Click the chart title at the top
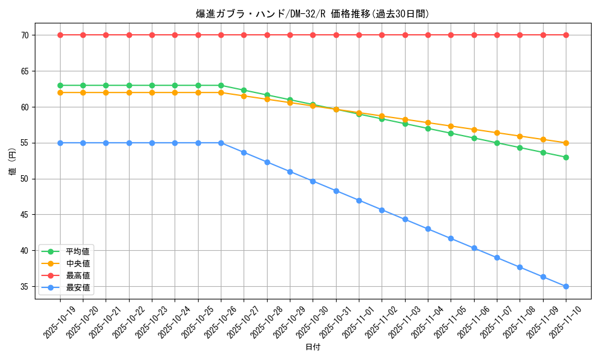coord(313,14)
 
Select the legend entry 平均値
coord(77,251)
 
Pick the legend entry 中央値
coord(77,263)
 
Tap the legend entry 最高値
coord(77,275)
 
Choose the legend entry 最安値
coord(77,287)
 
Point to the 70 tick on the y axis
coord(25,35)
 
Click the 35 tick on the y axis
coord(25,287)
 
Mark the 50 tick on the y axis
coord(25,179)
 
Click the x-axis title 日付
coord(313,347)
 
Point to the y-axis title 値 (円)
coord(12,163)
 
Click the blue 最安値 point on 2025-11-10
coord(566,287)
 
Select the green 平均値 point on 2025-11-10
coord(566,157)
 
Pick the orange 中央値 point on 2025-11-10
coord(566,143)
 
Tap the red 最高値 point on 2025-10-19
coord(60,35)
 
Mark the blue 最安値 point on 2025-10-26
coord(221,143)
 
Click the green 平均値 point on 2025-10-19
coord(60,85)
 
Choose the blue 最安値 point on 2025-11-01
coord(359,200)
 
